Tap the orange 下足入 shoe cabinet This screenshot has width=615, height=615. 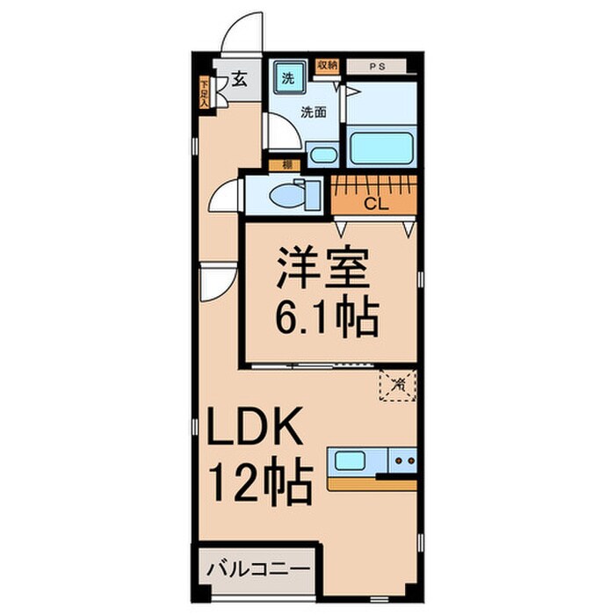[204, 93]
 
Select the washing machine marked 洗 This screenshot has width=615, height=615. [287, 77]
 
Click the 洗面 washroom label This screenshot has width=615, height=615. [314, 112]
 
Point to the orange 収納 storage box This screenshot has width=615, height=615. [328, 65]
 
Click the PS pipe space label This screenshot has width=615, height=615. [375, 66]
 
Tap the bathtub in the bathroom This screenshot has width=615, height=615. [381, 146]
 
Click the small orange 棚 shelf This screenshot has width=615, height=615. [286, 164]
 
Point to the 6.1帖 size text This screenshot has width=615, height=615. [327, 320]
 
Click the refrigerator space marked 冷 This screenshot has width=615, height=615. [397, 384]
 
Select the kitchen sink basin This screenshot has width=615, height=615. [351, 459]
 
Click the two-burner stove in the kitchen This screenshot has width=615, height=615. [403, 459]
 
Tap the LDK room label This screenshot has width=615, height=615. [257, 433]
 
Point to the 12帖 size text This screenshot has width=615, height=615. [259, 483]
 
